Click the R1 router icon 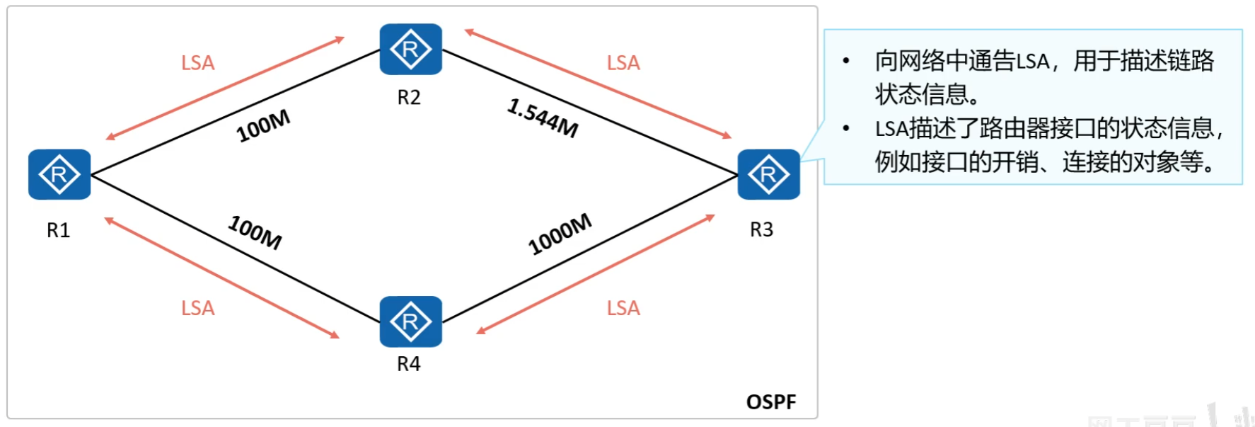[x=59, y=174]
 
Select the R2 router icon [x=410, y=50]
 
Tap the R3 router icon [x=768, y=174]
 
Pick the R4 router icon [x=410, y=321]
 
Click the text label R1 [x=58, y=230]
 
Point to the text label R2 [x=409, y=97]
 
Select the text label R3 [x=761, y=229]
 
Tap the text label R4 [x=409, y=364]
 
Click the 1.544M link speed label [x=543, y=118]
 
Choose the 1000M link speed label [x=560, y=234]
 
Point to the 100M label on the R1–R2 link [x=263, y=126]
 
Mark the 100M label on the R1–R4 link [x=255, y=232]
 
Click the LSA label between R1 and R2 [x=197, y=63]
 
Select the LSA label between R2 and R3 [x=623, y=63]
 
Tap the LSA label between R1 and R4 [x=197, y=308]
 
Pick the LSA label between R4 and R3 [x=623, y=308]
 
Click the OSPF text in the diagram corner [x=771, y=402]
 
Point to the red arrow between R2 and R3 [x=598, y=84]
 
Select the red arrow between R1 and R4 [x=222, y=278]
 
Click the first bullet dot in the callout [x=846, y=62]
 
